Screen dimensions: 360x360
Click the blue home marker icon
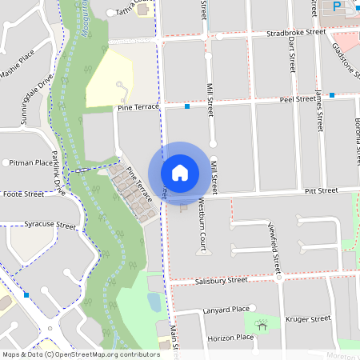click(x=179, y=172)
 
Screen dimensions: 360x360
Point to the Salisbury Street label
click(x=221, y=280)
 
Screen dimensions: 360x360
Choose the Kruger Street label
click(x=308, y=318)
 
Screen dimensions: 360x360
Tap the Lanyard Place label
click(x=227, y=309)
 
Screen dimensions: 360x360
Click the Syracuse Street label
click(x=50, y=225)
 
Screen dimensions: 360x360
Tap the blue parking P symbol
click(x=337, y=6)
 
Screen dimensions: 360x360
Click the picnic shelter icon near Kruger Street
click(x=261, y=325)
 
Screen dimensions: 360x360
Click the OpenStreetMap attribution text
click(x=81, y=354)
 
